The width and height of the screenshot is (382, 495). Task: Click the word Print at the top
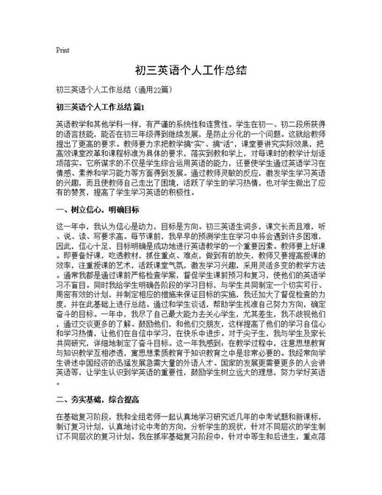[x=62, y=51]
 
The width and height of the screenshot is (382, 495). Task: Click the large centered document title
[x=190, y=71]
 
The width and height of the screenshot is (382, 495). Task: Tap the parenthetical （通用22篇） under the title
[x=153, y=90]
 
